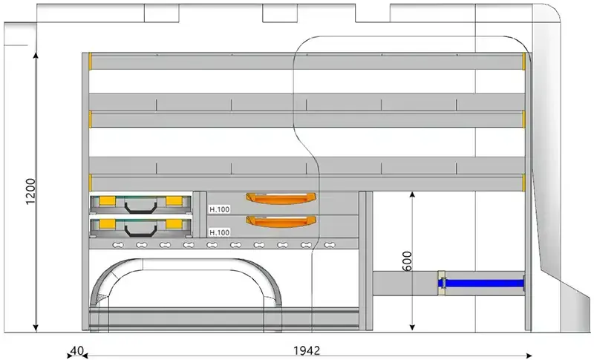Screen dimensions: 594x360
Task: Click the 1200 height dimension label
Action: [30, 192]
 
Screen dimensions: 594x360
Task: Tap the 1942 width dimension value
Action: [307, 351]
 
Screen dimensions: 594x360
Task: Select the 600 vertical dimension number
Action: [407, 261]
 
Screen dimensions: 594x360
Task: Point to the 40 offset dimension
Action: [77, 350]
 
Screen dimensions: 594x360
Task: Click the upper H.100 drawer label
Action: [220, 209]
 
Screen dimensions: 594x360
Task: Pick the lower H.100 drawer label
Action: [220, 232]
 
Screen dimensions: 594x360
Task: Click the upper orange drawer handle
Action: [281, 198]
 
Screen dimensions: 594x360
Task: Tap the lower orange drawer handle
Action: [281, 221]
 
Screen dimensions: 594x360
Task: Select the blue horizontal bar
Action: [481, 283]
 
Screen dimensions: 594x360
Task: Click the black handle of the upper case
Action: [140, 208]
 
